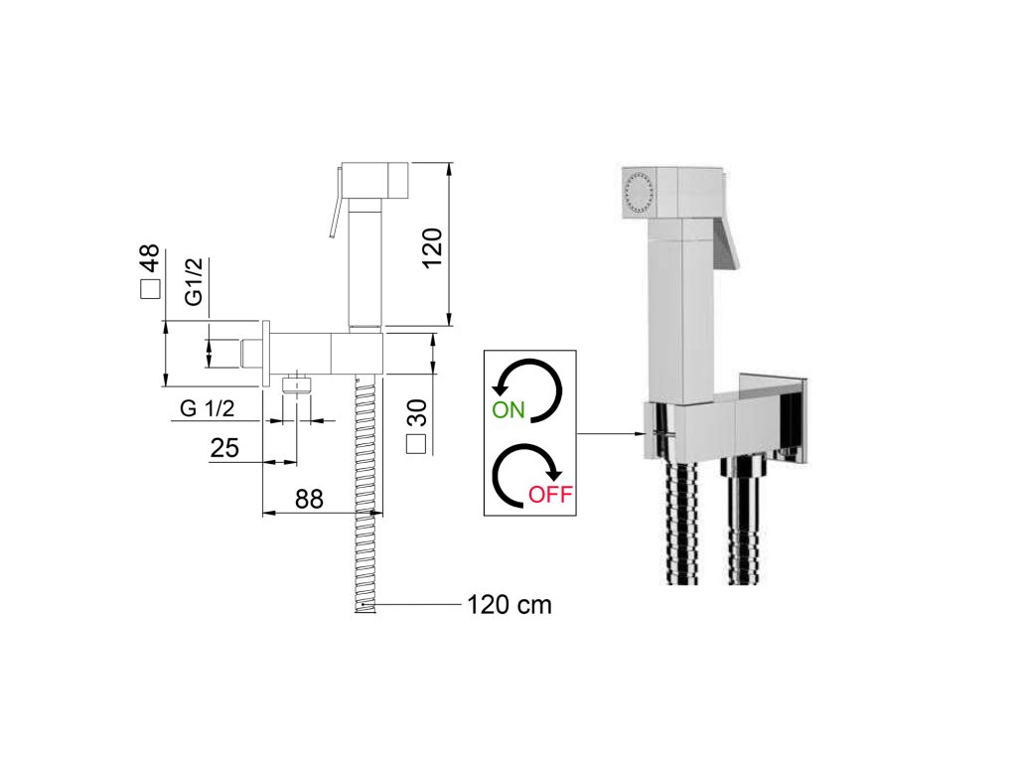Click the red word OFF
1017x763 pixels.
[550, 494]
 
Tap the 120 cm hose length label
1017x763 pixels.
[508, 603]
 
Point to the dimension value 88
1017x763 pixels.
[309, 499]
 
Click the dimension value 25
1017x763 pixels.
[224, 448]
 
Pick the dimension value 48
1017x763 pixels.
[149, 259]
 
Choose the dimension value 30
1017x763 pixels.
[417, 411]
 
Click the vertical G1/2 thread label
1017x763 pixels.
[194, 282]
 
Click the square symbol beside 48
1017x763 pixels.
[149, 289]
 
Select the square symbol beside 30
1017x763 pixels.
[418, 444]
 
